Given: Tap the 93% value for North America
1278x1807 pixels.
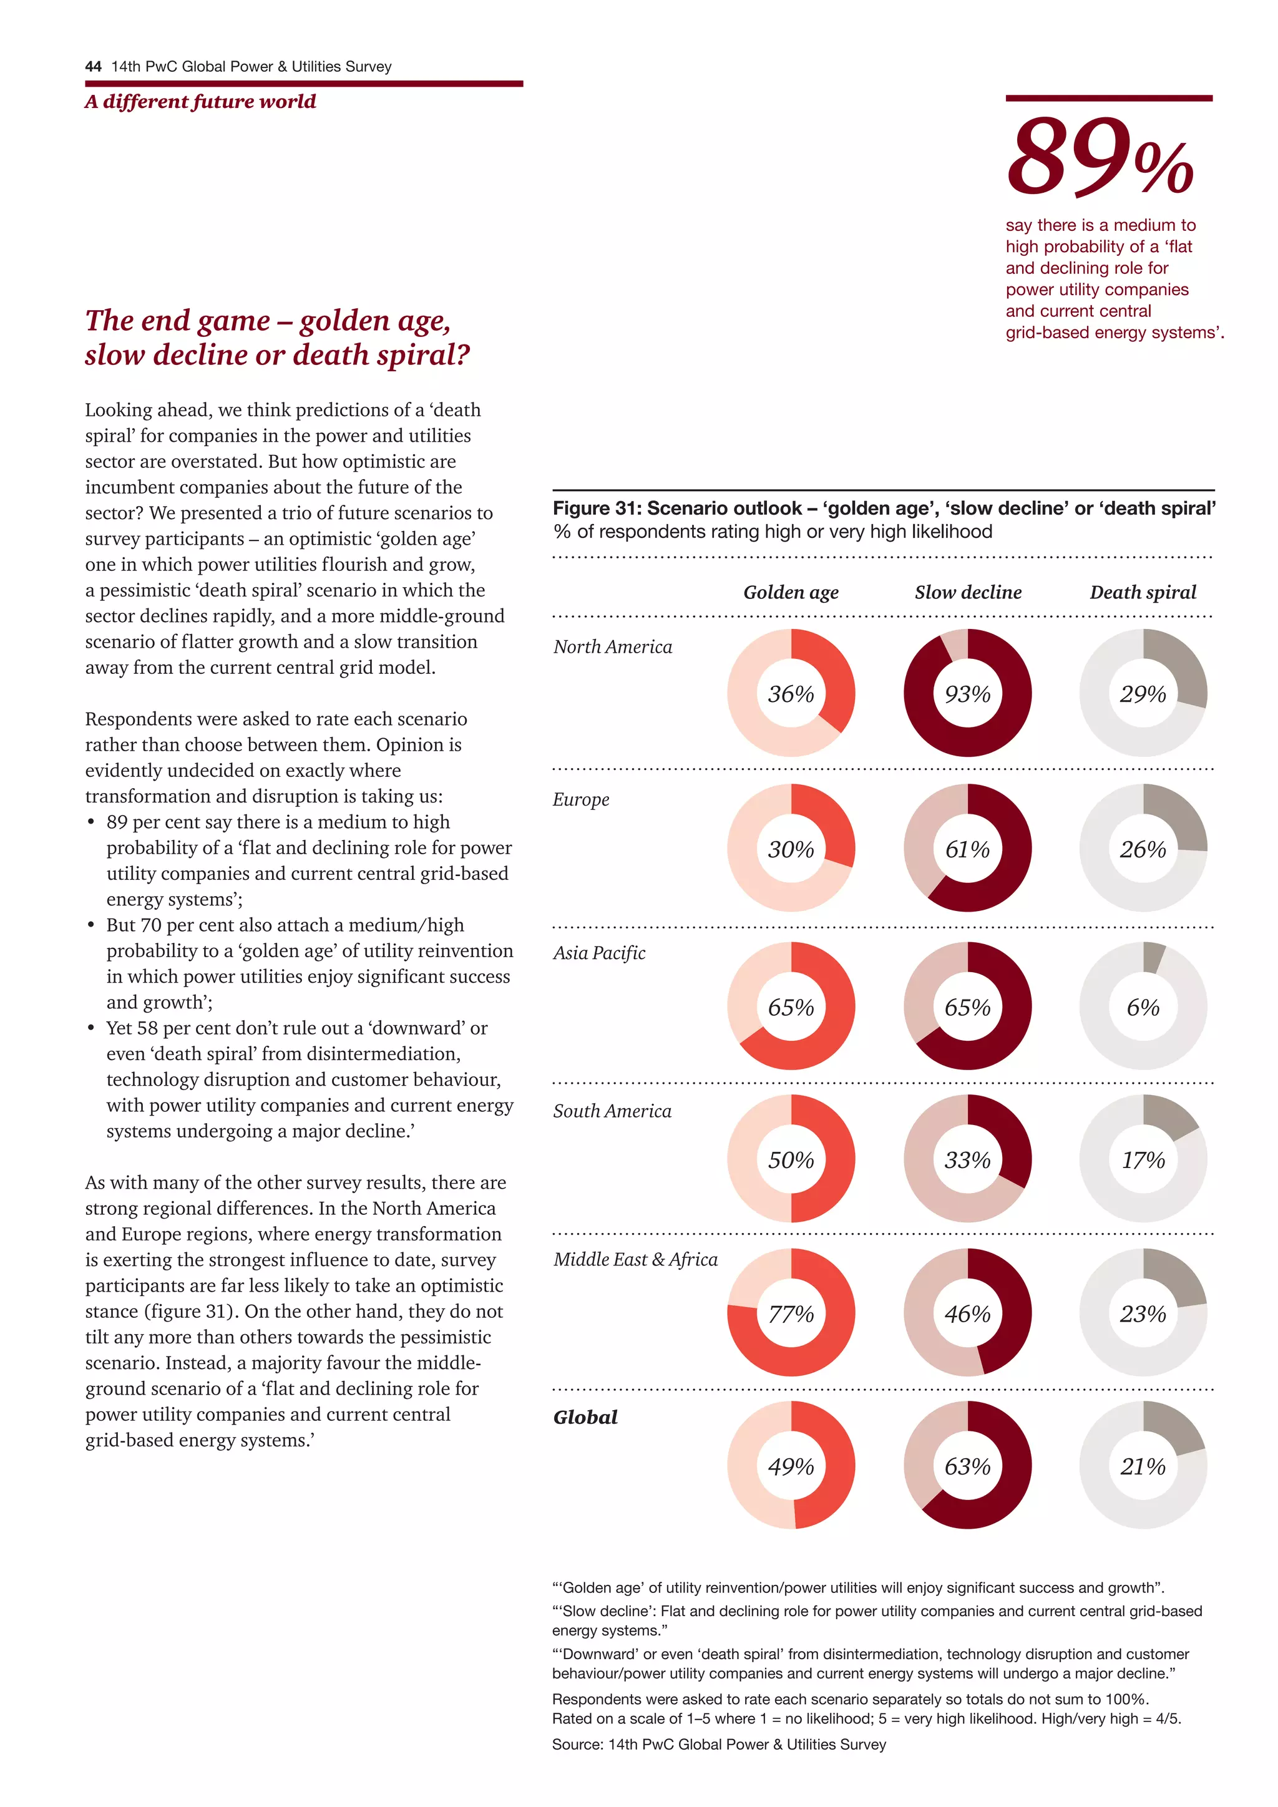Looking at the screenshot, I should pyautogui.click(x=967, y=693).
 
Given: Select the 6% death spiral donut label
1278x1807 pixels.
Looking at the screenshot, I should pyautogui.click(x=1143, y=1006).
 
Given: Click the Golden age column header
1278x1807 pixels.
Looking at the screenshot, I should pyautogui.click(x=791, y=592).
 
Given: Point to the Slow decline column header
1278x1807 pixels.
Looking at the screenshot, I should pyautogui.click(x=967, y=592).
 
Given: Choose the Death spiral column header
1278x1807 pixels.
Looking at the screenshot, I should pyautogui.click(x=1143, y=592).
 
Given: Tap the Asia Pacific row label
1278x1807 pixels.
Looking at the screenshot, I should pyautogui.click(x=599, y=952).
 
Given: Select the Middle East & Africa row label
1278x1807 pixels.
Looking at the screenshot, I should pyautogui.click(x=635, y=1259).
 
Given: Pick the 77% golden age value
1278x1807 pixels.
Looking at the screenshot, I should pyautogui.click(x=791, y=1313).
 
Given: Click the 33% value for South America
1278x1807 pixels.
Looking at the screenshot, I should pyautogui.click(x=967, y=1159).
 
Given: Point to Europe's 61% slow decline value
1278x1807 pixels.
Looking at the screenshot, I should pyautogui.click(x=967, y=849).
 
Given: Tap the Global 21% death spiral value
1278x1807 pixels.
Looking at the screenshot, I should pyautogui.click(x=1143, y=1466).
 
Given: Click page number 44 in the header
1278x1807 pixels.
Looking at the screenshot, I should pyautogui.click(x=93, y=66).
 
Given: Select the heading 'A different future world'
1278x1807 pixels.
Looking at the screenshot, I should pyautogui.click(x=201, y=102).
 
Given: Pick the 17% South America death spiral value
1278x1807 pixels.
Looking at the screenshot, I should pyautogui.click(x=1143, y=1159).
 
